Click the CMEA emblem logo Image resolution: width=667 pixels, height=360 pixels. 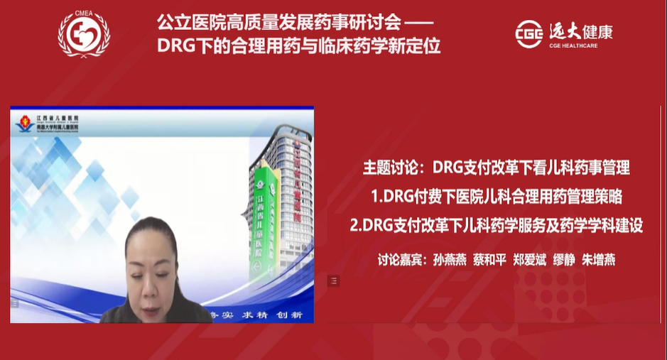(x=84, y=33)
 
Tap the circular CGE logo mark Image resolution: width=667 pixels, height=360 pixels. (x=528, y=34)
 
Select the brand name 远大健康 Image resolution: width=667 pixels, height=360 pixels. (x=580, y=31)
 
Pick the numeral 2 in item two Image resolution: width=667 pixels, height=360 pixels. (x=354, y=226)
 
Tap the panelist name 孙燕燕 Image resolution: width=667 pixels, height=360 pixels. (x=449, y=259)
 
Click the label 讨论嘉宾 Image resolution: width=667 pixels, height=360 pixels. (x=401, y=259)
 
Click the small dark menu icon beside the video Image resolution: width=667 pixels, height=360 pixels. (x=333, y=281)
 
